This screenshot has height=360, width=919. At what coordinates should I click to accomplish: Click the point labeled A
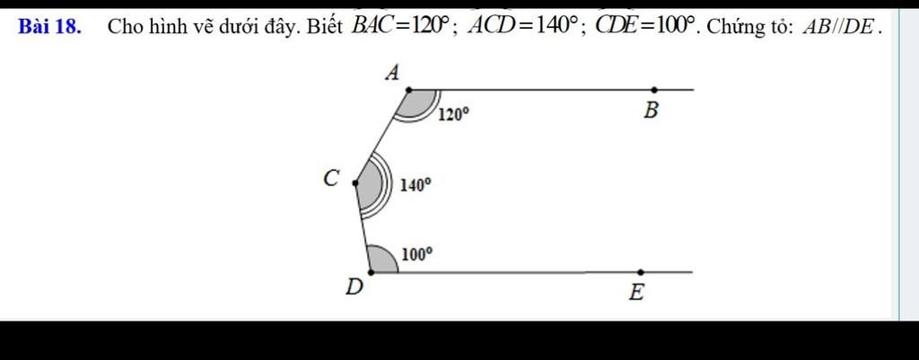coord(409,90)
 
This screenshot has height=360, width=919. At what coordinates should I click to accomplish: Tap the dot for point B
coord(654,90)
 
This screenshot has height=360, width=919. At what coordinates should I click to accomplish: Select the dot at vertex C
coord(354,183)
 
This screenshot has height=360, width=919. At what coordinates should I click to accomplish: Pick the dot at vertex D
coord(371,272)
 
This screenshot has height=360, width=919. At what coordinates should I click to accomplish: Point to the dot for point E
coord(641,272)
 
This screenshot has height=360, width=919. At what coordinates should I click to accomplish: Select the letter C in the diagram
coord(332,178)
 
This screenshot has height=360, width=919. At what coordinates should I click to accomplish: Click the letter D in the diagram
coord(354,287)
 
